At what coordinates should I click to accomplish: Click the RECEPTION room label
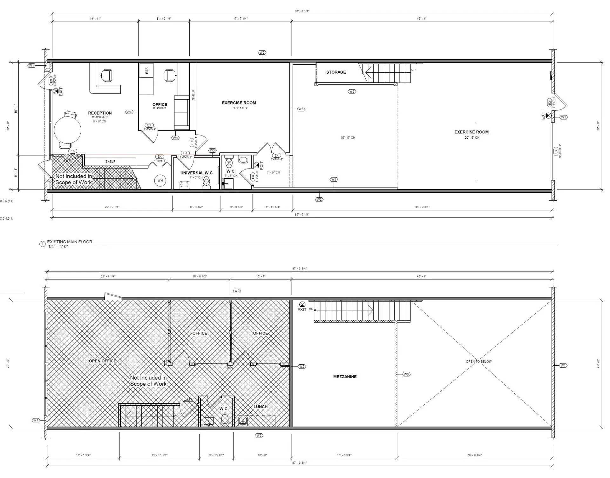pos(100,113)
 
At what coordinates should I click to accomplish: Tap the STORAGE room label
pos(336,72)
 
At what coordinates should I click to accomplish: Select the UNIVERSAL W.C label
pos(196,173)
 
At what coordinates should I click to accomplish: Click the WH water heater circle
pos(160,181)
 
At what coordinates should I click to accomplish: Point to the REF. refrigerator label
pos(147,70)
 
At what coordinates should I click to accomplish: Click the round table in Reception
pos(67,130)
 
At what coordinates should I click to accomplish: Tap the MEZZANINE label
pos(345,377)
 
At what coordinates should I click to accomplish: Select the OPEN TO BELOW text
pos(478,362)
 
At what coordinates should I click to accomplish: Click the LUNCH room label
pos(261,407)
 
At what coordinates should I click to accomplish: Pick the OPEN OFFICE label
pos(102,361)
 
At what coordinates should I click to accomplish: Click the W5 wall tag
pos(406,375)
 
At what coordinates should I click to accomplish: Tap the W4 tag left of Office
pos(129,112)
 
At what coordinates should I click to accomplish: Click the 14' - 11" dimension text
pos(95,19)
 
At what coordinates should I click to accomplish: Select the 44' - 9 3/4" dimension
pos(423,207)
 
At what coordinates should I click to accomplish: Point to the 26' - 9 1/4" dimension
pos(475,455)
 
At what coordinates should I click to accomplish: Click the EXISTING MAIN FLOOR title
pos(70,242)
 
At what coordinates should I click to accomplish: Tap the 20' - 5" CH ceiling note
pos(472,138)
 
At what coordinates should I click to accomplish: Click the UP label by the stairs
pos(413,70)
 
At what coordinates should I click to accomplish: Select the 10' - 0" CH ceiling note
pos(348,138)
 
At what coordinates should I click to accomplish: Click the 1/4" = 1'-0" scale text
pos(58,247)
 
